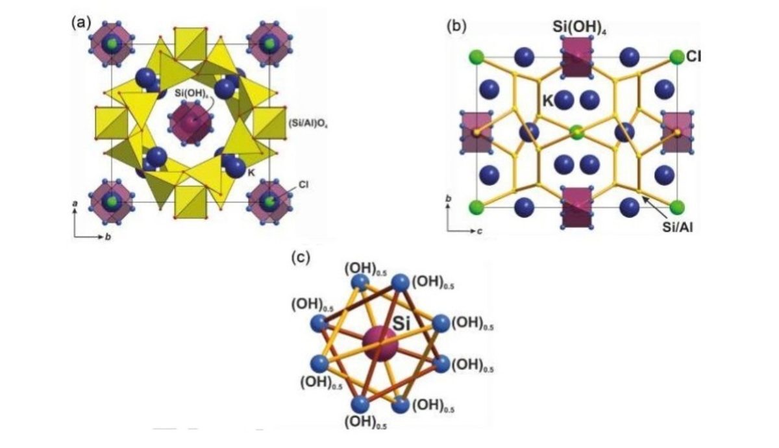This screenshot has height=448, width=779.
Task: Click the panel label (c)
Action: coord(301,258)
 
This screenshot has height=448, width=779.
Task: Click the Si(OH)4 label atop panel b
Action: coord(577,27)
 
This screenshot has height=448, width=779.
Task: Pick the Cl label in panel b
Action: coord(694,56)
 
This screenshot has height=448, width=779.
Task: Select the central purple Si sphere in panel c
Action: coord(379,343)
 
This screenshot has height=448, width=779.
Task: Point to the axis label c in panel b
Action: coord(478,232)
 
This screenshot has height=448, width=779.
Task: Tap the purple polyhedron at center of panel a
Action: coord(189,121)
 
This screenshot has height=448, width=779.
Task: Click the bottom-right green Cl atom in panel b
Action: coord(678,208)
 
